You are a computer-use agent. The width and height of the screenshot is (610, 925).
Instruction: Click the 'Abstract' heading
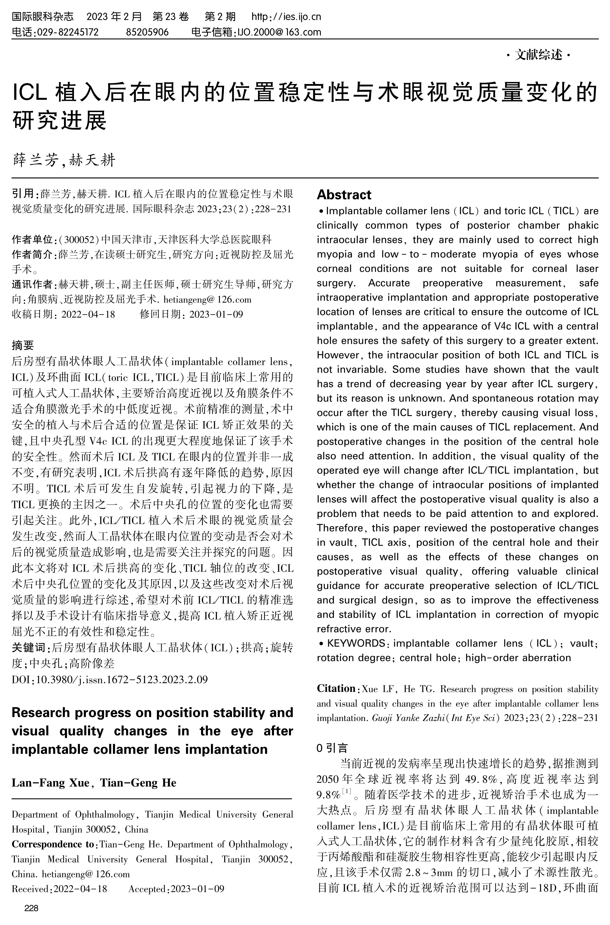tap(344, 195)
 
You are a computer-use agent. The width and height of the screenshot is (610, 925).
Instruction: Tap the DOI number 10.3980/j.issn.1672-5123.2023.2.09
tap(122, 679)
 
